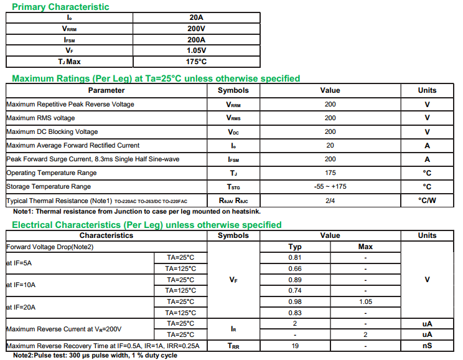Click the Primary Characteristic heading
[61, 7]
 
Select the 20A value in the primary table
[196, 17]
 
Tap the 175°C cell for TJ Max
[196, 62]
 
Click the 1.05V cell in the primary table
[196, 50]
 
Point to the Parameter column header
[106, 90]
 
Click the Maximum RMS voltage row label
[40, 118]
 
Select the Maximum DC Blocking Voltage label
[52, 131]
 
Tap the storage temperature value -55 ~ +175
[330, 186]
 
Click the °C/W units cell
[427, 200]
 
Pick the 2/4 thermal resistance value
[330, 200]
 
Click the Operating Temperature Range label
[51, 173]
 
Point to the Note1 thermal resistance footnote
[137, 211]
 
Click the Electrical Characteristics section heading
[147, 225]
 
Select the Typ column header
[295, 247]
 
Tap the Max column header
[365, 247]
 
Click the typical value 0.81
[295, 257]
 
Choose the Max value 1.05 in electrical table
[365, 301]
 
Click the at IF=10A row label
[21, 285]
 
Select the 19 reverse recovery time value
[295, 345]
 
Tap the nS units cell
[427, 345]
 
